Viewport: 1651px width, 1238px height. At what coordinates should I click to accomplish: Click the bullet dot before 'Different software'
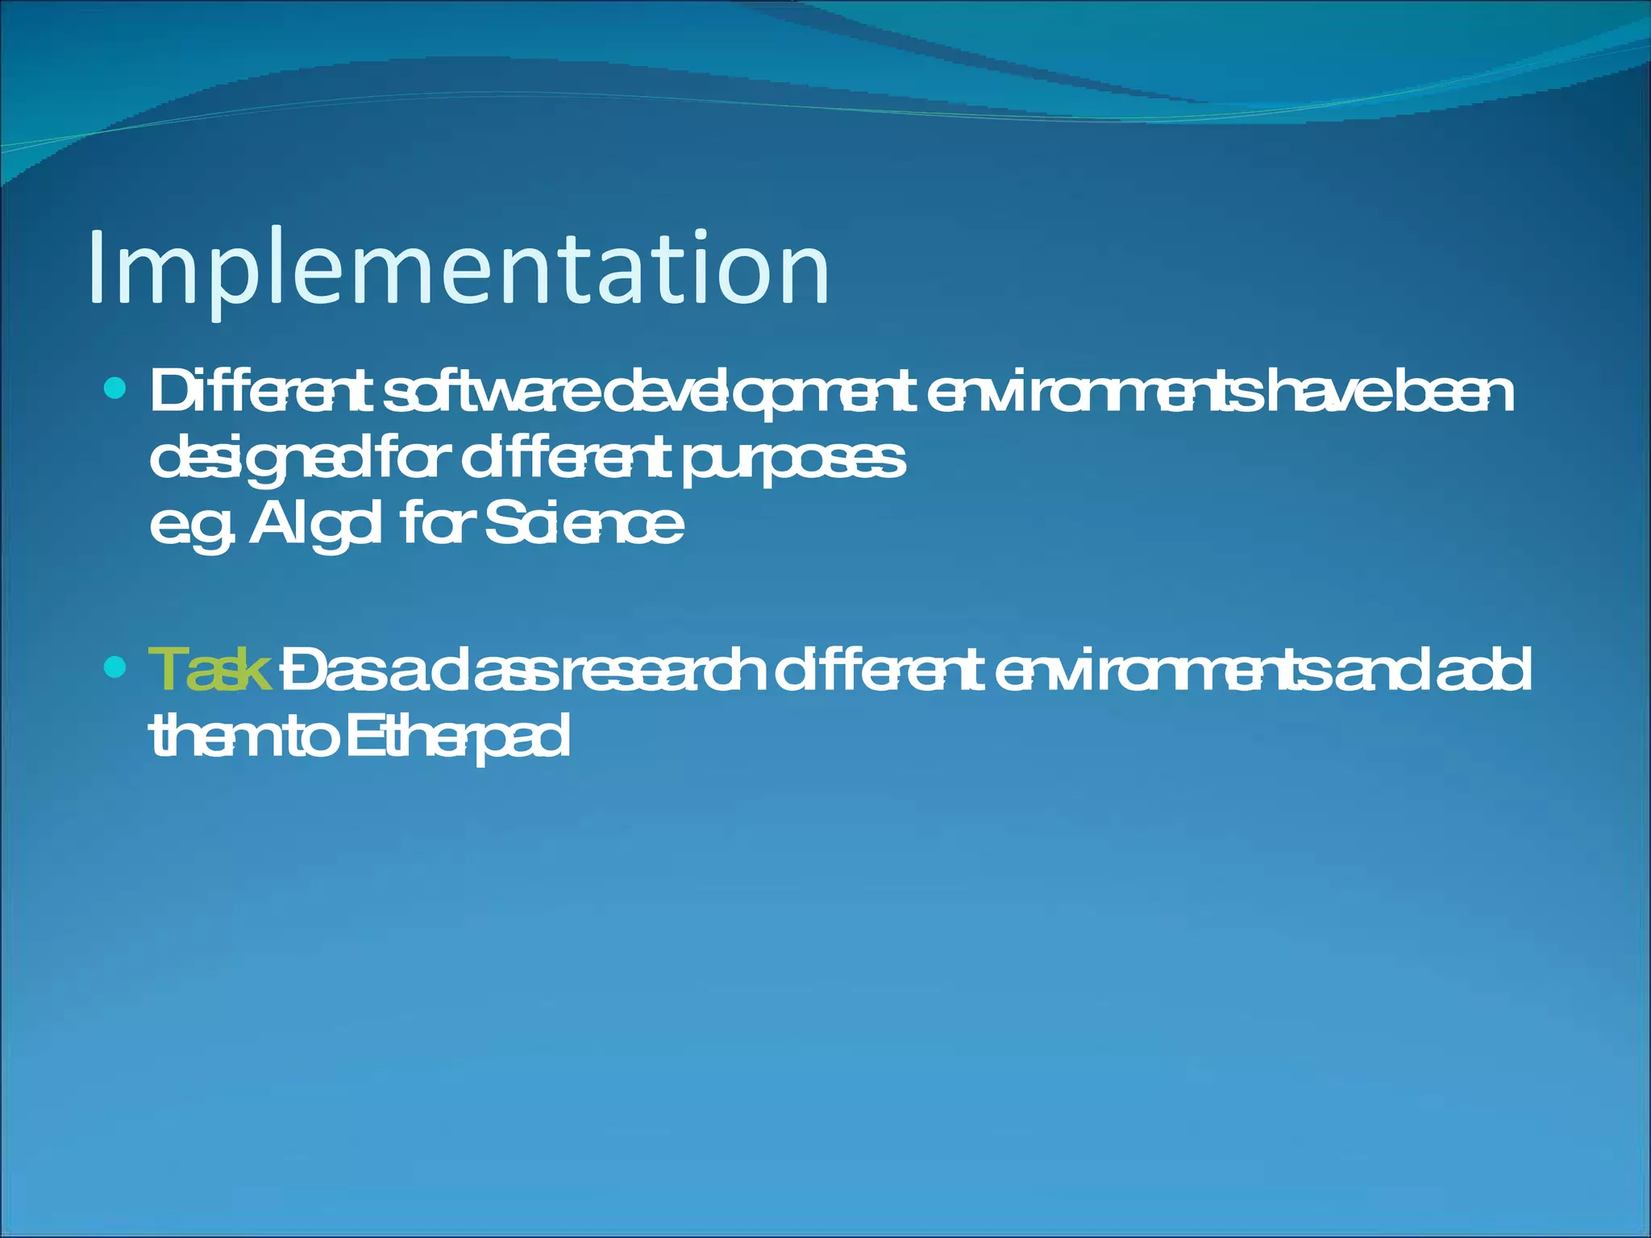tap(116, 390)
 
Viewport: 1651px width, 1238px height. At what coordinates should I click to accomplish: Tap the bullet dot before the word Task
tap(116, 667)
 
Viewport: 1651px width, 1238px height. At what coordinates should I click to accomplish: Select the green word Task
tap(210, 671)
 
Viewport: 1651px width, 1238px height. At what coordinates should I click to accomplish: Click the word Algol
tap(315, 526)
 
